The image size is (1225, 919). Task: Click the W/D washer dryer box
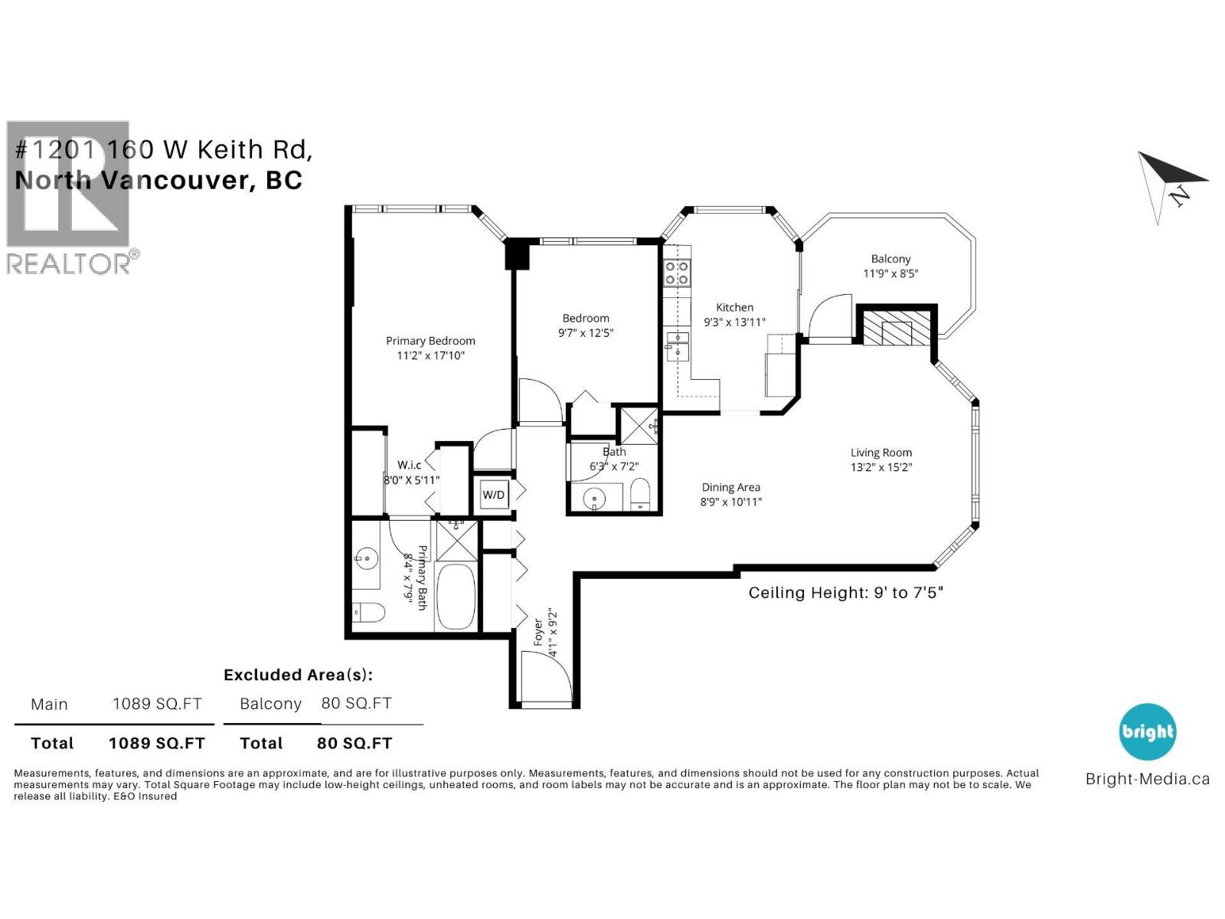493,495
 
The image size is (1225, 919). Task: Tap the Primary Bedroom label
430,341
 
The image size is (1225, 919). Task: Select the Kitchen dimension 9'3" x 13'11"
734,322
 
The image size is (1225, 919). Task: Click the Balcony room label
890,259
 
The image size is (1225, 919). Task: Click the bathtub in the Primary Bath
456,597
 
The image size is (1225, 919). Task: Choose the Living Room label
881,453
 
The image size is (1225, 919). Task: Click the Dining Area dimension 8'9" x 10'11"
730,502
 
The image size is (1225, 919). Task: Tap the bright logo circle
1147,731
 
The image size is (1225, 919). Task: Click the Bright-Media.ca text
1147,779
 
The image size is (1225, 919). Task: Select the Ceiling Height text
845,593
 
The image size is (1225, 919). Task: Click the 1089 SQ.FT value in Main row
157,704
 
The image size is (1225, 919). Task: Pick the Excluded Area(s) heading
298,675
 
